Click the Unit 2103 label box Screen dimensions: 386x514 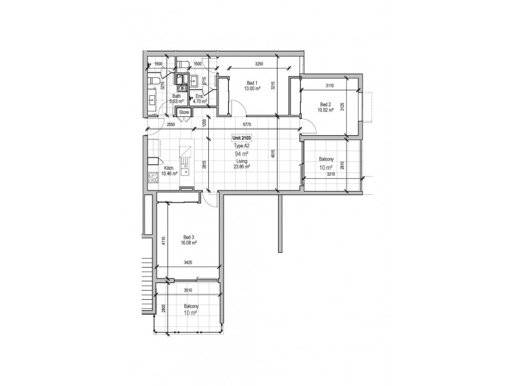[242, 139]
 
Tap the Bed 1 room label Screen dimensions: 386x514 [252, 83]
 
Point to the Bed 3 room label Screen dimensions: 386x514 [188, 237]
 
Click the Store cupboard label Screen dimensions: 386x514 [184, 112]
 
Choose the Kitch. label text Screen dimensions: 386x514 [169, 169]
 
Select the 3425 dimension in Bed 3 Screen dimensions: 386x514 [189, 262]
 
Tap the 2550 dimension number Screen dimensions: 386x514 [171, 124]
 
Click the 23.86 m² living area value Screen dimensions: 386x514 [242, 166]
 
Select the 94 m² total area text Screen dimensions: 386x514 [242, 154]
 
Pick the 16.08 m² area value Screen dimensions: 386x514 [188, 243]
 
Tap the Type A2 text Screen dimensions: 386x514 [242, 147]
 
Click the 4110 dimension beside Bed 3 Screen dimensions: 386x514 [164, 241]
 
